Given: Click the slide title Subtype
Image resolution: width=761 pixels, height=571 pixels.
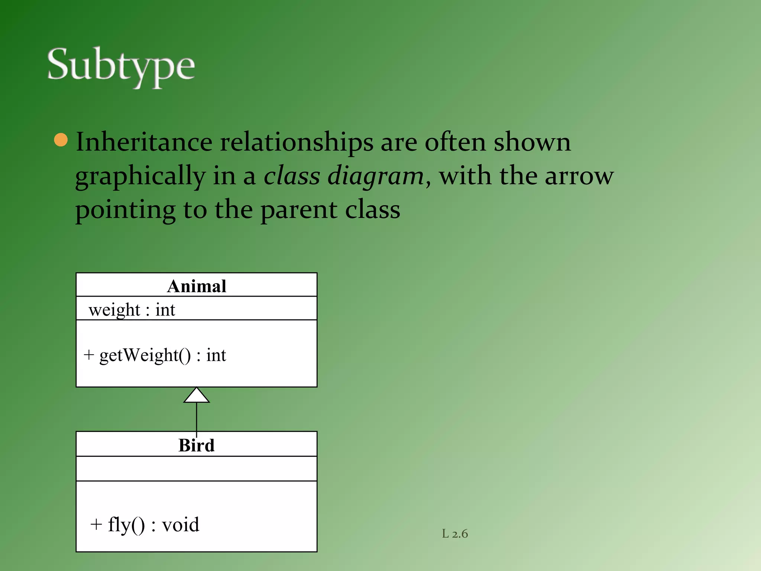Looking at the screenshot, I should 121,66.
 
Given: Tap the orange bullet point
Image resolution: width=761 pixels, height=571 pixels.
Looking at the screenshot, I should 61,140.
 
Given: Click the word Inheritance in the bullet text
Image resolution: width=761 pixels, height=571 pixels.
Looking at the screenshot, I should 144,142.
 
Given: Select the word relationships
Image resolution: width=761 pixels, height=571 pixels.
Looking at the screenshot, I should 297,143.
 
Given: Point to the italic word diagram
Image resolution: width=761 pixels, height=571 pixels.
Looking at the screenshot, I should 375,176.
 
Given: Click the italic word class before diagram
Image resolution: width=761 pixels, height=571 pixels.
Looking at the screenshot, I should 292,176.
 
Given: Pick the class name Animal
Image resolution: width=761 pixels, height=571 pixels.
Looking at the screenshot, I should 197,286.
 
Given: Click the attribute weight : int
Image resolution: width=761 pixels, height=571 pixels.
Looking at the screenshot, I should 132,310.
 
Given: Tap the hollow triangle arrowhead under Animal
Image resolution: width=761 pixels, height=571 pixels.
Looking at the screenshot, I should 197,396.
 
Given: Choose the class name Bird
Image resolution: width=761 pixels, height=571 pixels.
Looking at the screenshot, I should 197,445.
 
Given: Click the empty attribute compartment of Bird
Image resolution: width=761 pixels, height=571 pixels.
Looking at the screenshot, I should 197,468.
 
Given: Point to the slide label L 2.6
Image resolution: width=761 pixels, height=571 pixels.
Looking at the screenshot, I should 455,534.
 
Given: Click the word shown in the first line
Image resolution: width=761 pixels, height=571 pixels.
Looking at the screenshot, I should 532,142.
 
